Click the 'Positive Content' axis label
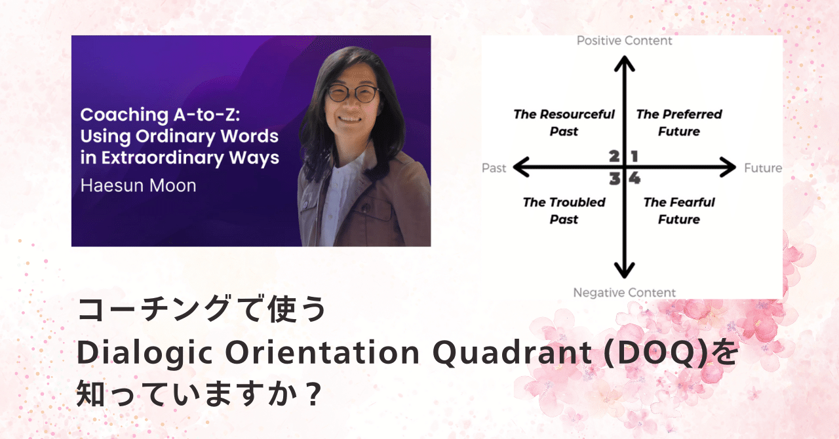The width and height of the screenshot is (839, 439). [x=624, y=41]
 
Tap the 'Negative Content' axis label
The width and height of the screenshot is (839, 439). [x=624, y=292]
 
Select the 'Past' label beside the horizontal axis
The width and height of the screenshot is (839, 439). [x=494, y=168]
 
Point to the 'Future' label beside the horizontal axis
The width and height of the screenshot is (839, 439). [x=763, y=168]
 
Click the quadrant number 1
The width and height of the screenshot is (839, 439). [x=634, y=156]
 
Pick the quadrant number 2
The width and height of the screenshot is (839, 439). [x=614, y=156]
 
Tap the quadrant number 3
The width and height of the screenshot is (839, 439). [x=614, y=178]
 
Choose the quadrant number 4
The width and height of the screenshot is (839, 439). [x=634, y=178]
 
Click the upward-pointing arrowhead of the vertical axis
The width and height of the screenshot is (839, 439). [x=624, y=63]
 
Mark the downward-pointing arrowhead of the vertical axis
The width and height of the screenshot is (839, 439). [x=624, y=270]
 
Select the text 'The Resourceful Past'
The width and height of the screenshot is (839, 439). [x=564, y=123]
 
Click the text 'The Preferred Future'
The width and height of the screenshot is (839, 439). [x=678, y=123]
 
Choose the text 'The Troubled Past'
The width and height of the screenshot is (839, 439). [x=564, y=210]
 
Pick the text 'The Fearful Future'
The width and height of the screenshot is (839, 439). [x=678, y=210]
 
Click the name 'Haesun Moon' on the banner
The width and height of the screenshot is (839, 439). [x=138, y=185]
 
